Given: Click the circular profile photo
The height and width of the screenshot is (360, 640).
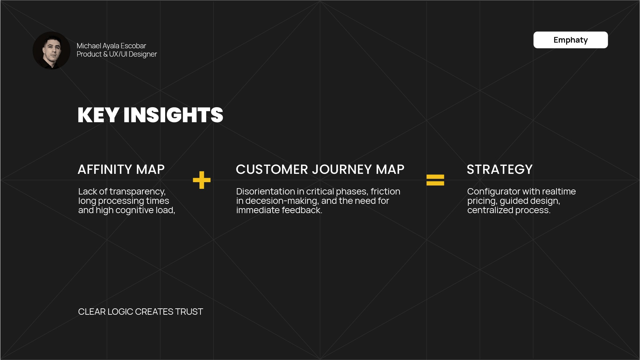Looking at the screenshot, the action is (51, 50).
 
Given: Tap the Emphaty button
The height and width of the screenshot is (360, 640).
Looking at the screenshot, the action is (570, 40).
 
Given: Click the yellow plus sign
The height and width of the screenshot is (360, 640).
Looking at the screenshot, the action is (202, 180).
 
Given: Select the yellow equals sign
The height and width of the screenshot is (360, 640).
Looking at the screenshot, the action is (435, 180).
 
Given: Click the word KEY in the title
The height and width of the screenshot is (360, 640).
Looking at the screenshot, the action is (98, 115).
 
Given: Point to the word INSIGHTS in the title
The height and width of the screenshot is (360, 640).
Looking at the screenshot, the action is (173, 115).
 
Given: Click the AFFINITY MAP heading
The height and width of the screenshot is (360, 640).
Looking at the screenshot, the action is (121, 170).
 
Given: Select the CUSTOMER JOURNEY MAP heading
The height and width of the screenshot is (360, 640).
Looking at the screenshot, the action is (320, 170).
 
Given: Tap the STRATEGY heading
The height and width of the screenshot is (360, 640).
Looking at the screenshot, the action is (499, 170).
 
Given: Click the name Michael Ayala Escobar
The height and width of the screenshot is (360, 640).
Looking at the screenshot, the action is (111, 46).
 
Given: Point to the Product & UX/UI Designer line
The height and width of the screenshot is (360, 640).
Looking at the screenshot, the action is (117, 54).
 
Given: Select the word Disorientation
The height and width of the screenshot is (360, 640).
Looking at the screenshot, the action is (265, 191).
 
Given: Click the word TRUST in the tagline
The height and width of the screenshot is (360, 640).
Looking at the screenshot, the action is (189, 312).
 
